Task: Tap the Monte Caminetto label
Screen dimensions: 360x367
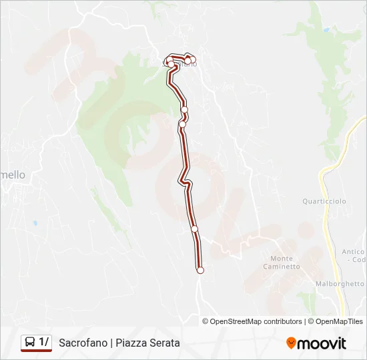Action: (x=285, y=262)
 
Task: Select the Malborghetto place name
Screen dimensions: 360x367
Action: (x=341, y=283)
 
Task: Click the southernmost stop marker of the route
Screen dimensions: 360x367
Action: (x=200, y=270)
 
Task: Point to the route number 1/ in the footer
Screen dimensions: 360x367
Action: (x=44, y=343)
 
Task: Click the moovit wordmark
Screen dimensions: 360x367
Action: (x=322, y=343)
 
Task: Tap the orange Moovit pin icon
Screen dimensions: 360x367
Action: (x=291, y=343)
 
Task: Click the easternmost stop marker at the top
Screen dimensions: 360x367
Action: (x=193, y=60)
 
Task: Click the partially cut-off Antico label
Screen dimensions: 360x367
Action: (x=353, y=252)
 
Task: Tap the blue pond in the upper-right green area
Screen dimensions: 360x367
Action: (x=326, y=30)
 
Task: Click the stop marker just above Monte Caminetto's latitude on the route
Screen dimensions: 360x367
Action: (x=195, y=229)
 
